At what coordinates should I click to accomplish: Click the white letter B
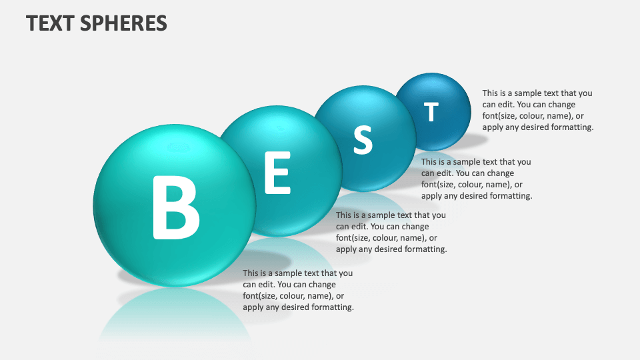176,207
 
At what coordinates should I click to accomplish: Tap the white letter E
277,173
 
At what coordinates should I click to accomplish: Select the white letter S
362,140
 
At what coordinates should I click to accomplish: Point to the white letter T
431,112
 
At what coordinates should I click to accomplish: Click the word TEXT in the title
50,23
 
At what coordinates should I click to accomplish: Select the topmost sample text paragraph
537,110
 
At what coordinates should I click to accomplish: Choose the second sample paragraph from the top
476,179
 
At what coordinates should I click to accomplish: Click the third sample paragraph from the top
391,232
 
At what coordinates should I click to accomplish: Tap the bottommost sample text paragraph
297,290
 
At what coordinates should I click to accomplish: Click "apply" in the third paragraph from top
347,249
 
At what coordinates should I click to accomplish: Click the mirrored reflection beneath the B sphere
175,313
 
